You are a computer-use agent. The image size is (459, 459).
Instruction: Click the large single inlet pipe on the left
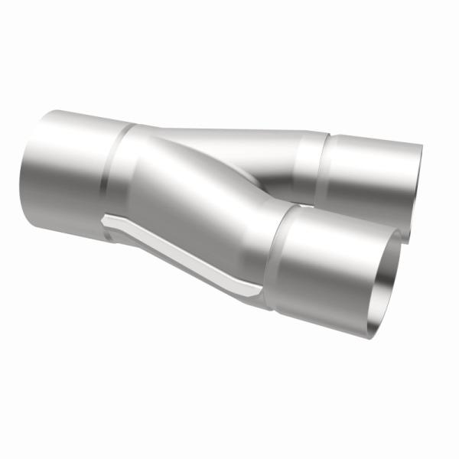pyautogui.click(x=69, y=172)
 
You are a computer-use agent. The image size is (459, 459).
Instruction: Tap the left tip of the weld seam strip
pyautogui.click(x=105, y=220)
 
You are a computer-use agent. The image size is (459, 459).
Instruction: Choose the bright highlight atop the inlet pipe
pyautogui.click(x=76, y=122)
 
